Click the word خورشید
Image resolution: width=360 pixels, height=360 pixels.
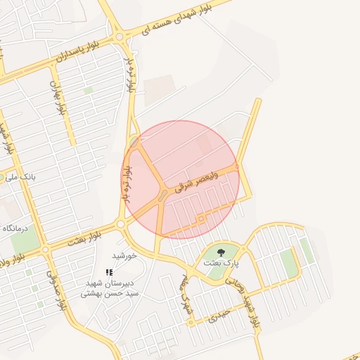tap(128, 255)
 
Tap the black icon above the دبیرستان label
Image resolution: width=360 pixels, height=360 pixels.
tap(109, 272)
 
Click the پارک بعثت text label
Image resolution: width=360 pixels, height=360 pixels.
tap(221, 262)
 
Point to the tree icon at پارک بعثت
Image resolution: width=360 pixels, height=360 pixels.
tap(221, 252)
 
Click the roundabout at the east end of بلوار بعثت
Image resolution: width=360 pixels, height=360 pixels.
tap(120, 224)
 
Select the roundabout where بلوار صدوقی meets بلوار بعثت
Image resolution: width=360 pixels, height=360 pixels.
tap(45, 249)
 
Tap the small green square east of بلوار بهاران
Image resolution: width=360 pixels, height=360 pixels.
tap(88, 90)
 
